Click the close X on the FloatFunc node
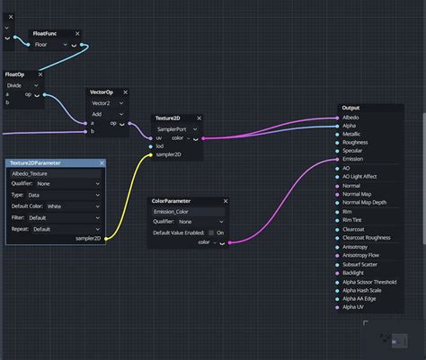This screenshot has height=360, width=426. point(78,33)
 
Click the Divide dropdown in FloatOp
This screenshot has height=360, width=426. point(28,84)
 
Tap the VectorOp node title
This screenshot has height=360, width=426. point(102,92)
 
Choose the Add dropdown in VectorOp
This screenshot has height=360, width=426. point(109,113)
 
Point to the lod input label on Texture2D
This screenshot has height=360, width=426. point(160,146)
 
